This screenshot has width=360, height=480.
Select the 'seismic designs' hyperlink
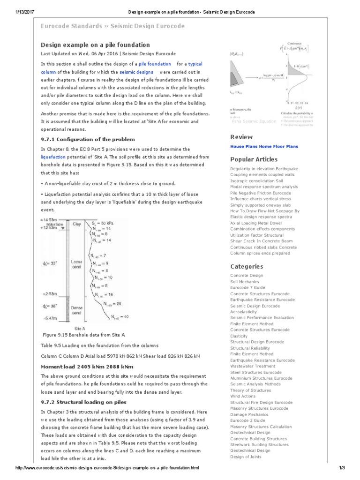[x=136, y=72]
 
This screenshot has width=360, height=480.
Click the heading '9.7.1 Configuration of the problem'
[x=88, y=139]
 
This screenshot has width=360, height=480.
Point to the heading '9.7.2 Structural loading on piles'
[x=83, y=402]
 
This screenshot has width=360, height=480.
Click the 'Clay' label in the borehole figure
[x=77, y=224]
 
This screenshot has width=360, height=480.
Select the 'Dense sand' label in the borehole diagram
[x=77, y=310]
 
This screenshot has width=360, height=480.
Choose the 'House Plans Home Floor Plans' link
[x=264, y=146]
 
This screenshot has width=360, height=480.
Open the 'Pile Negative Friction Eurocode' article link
[x=260, y=193]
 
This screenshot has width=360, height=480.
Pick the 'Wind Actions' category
[x=243, y=396]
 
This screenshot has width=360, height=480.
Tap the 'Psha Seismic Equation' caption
[x=254, y=121]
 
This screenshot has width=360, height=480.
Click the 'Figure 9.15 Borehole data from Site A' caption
[x=84, y=336]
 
